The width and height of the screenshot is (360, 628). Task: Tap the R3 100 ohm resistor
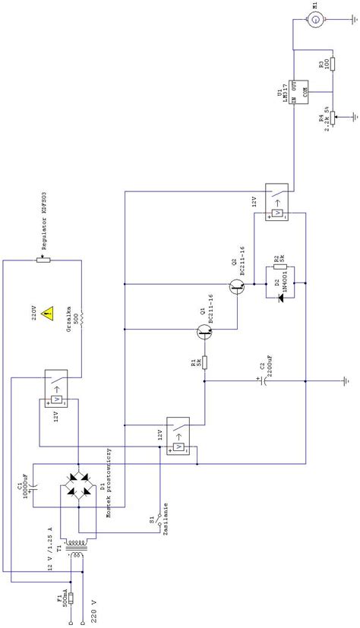pyautogui.click(x=331, y=65)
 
